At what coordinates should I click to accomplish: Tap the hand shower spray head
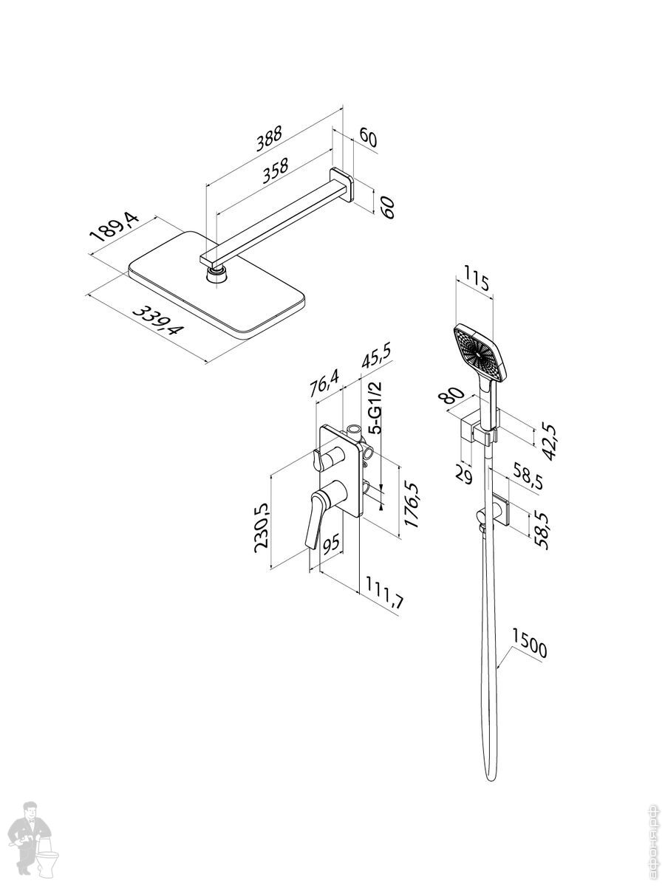pyautogui.click(x=481, y=353)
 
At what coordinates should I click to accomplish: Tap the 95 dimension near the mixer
pyautogui.click(x=332, y=545)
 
